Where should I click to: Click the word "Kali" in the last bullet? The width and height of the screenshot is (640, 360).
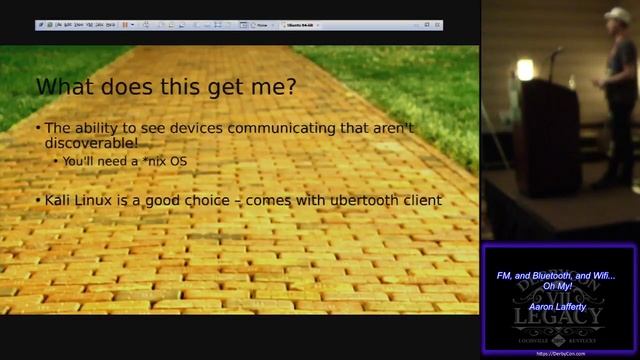pos(59,200)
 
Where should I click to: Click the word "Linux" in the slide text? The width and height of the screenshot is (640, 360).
pos(101,200)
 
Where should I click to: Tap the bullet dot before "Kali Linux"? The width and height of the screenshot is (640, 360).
pos(37,201)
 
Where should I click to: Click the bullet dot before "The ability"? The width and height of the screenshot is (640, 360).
pos(37,129)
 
